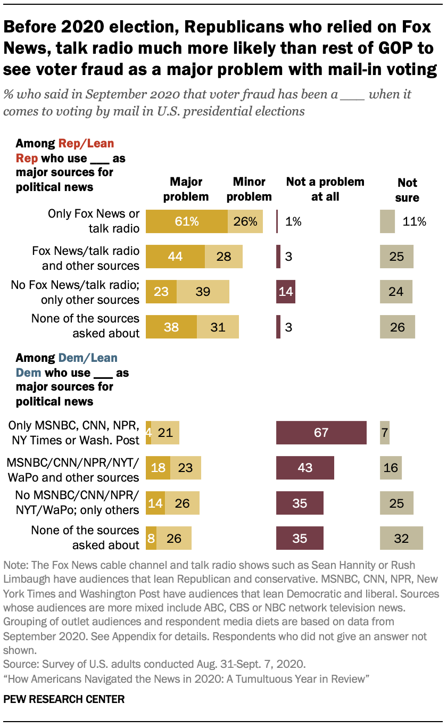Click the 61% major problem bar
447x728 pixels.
[x=186, y=221]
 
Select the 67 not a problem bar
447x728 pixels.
[x=321, y=432]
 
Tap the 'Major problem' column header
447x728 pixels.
[x=186, y=189]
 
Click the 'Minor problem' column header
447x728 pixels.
[x=249, y=189]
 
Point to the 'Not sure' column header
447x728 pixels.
[x=407, y=190]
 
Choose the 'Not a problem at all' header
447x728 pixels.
[x=325, y=189]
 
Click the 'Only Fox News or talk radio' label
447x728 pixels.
[x=94, y=221]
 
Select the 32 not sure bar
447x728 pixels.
[x=401, y=538]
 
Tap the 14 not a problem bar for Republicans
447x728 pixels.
[x=286, y=291]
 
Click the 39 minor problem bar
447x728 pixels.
[x=203, y=291]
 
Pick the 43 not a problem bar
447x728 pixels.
[x=305, y=467]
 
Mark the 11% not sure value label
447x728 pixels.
[x=414, y=221]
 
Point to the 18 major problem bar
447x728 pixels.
[x=158, y=467]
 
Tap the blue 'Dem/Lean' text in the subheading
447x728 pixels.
[x=88, y=358]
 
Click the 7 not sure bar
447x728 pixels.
[x=385, y=432]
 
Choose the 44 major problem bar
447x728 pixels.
[x=175, y=257]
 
